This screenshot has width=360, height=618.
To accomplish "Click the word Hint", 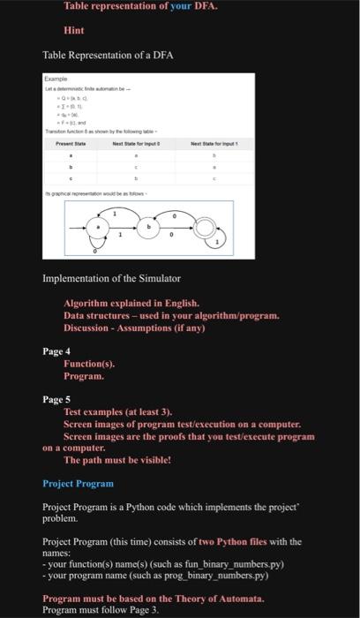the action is (x=74, y=30).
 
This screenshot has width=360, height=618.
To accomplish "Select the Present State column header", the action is (x=71, y=142).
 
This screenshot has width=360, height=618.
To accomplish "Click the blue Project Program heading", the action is (x=79, y=483).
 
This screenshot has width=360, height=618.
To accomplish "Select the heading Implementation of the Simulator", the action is (x=111, y=279).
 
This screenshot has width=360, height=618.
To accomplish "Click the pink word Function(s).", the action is (x=89, y=364).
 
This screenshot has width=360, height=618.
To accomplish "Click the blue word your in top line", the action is (x=179, y=6).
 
